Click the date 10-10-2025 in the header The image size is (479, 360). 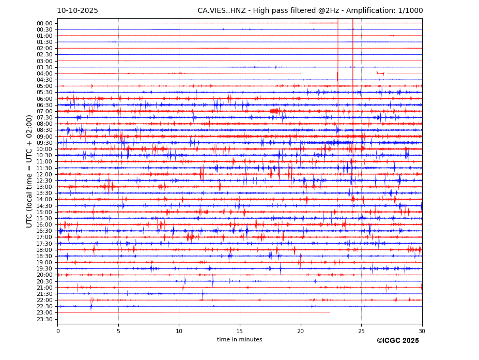coord(78,11)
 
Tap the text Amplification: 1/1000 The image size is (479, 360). coord(384,11)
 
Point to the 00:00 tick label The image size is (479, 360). coord(44,23)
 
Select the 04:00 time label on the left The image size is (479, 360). coord(44,73)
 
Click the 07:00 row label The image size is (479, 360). coord(44,111)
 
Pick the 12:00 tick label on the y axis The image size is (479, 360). coord(44,174)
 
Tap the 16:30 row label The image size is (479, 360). coord(44,231)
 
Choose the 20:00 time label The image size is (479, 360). coord(44,275)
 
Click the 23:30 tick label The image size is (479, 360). coord(44,319)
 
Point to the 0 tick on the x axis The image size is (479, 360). coord(58,331)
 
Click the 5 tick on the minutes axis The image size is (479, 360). coord(118,331)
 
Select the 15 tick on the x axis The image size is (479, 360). coord(240,331)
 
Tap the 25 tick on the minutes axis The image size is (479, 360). coord(361,331)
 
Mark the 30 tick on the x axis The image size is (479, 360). coord(422,331)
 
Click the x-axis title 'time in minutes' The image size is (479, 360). coord(240,340)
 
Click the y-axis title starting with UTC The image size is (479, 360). coord(29,171)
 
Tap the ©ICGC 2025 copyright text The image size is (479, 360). coord(397,341)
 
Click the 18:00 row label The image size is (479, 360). coord(44,250)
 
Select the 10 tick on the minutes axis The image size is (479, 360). coord(179,331)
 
